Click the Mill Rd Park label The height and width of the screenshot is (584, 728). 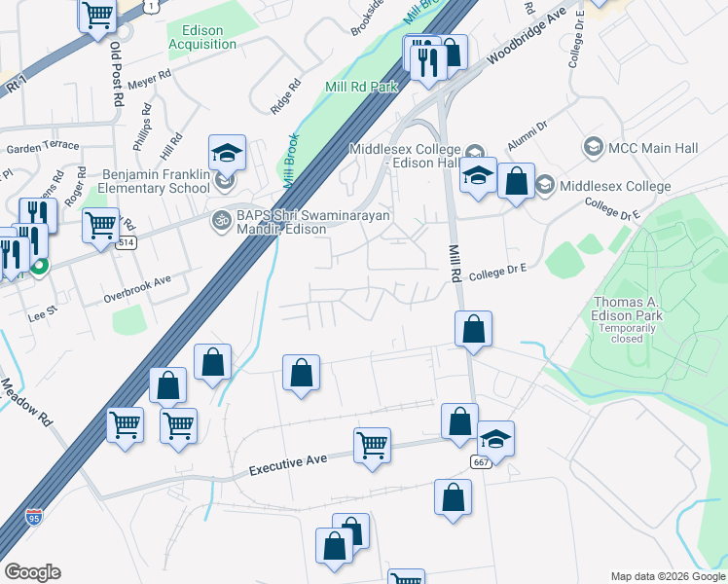[x=361, y=88]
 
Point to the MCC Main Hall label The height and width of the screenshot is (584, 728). [x=652, y=148]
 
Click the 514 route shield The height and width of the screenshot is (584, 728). [x=126, y=243]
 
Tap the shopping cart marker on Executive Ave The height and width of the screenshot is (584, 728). [x=372, y=446]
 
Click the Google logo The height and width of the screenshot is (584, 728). [x=32, y=572]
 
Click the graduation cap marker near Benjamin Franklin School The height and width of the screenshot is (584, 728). [x=226, y=153]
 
